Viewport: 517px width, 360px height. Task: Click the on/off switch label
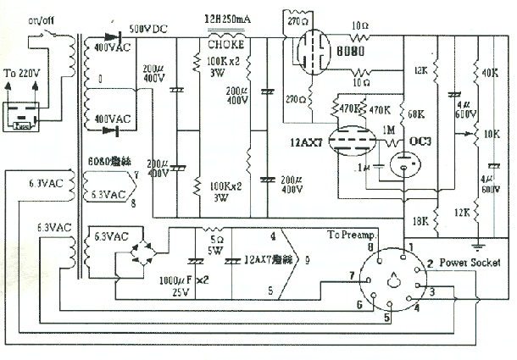[x=39, y=18]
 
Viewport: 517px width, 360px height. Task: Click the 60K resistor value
[x=415, y=113]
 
